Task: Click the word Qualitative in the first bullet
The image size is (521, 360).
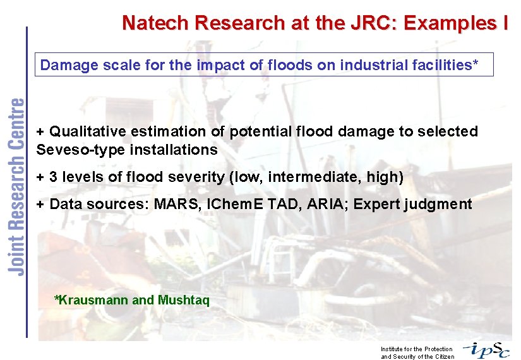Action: coord(87,131)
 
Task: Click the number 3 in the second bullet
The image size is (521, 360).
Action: coord(53,177)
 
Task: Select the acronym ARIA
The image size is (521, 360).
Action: coord(333,204)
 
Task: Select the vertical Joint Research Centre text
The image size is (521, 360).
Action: coord(17,186)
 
